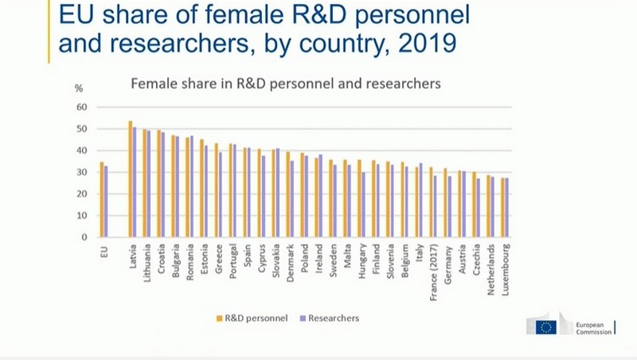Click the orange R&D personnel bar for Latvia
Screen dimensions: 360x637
click(131, 179)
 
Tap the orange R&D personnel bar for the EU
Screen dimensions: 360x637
click(101, 199)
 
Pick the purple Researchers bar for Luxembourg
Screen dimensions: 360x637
click(507, 208)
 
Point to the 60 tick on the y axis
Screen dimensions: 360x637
click(80, 107)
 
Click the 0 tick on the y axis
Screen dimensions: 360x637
click(83, 237)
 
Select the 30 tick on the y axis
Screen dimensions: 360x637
click(80, 172)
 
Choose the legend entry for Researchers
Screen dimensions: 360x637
click(333, 319)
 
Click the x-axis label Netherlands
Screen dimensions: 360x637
click(490, 268)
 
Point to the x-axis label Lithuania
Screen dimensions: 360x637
click(147, 265)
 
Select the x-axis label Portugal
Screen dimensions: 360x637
click(233, 263)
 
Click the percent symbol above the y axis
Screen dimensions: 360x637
click(78, 88)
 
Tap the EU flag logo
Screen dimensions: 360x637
click(546, 327)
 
